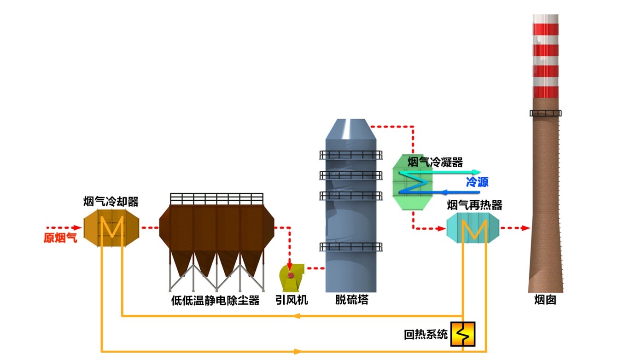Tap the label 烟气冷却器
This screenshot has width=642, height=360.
click(111, 202)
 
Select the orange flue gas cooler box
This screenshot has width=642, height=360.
click(111, 228)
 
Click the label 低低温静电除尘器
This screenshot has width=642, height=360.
click(216, 301)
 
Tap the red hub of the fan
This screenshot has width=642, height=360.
click(291, 275)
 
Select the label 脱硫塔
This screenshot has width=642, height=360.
click(352, 301)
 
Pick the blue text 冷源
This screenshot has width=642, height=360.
click(477, 182)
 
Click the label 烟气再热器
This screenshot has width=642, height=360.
click(474, 205)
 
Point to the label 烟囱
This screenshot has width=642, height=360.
click(546, 301)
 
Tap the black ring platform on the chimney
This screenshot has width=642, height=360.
click(546, 113)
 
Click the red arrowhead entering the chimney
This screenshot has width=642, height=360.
click(525, 228)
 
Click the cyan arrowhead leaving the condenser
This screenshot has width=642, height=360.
click(477, 172)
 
